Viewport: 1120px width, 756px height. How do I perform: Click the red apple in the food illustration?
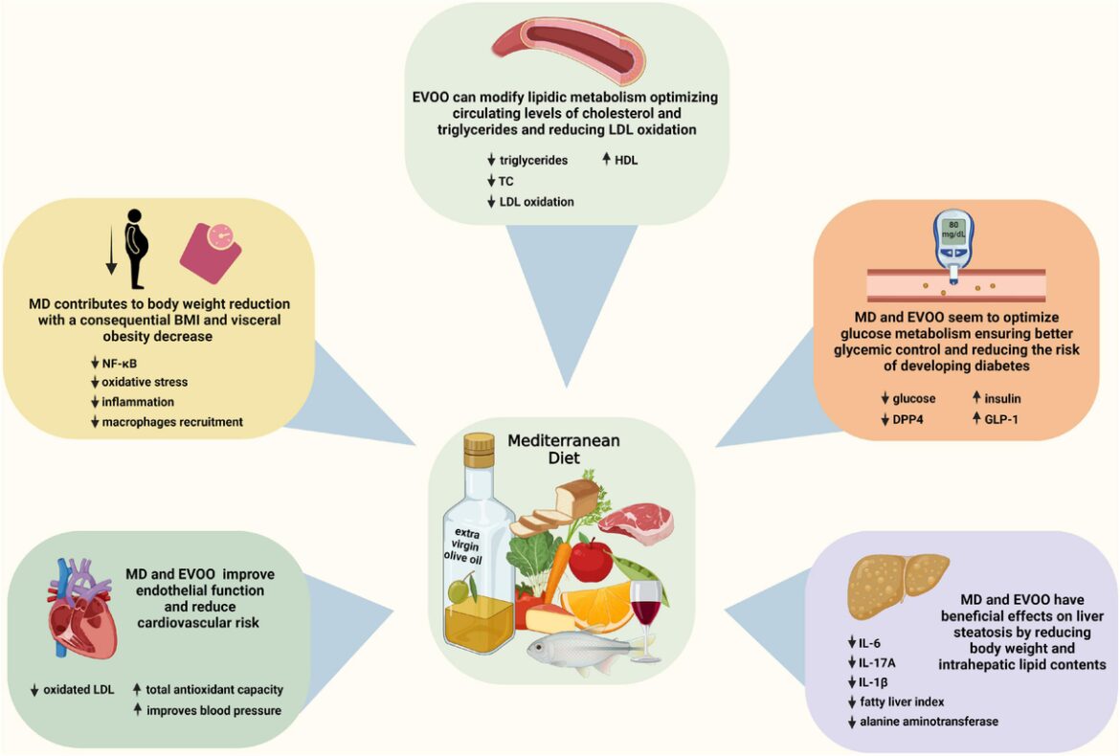tap(591, 559)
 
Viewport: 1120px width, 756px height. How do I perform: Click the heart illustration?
tap(81, 611)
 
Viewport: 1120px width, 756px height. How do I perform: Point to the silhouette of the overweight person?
tap(136, 249)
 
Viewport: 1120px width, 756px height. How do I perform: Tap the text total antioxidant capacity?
tap(214, 689)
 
